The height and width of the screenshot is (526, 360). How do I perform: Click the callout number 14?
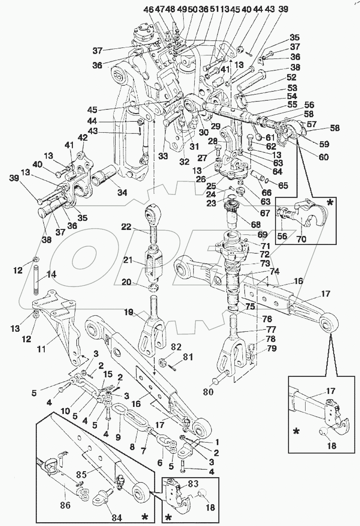(51, 275)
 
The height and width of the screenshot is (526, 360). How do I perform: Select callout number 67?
(265, 213)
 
